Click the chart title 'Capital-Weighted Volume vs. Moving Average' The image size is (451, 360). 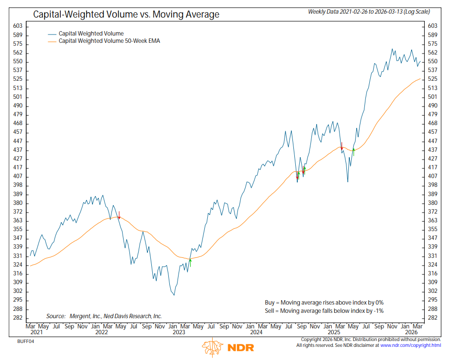coord(126,14)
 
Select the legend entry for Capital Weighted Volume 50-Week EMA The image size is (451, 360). coord(109,41)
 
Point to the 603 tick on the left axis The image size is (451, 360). coord(17,26)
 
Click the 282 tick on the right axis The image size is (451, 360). coord(432,318)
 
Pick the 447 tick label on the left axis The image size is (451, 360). coord(17,141)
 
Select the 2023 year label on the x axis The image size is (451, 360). coord(179,333)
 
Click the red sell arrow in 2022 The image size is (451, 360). coord(119,215)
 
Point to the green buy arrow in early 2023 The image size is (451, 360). coord(190,260)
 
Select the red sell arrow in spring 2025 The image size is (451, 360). coord(342,145)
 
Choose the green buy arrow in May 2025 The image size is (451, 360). coord(354,151)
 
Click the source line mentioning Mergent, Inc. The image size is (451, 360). coord(104,316)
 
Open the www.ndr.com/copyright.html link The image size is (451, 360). coord(410,345)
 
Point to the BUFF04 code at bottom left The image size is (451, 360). coord(26,341)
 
